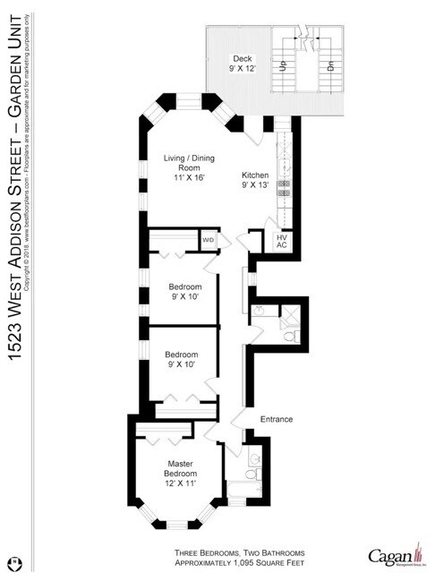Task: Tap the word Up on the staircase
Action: point(284,64)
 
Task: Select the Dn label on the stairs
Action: point(329,64)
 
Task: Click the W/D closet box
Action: point(208,241)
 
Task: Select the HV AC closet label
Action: point(280,241)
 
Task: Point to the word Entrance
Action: point(277,419)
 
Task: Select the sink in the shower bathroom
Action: point(260,311)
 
